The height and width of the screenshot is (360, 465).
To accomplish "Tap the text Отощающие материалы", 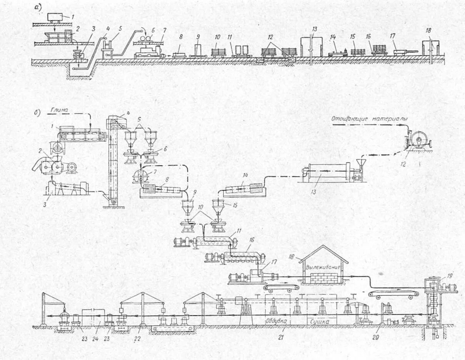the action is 369,119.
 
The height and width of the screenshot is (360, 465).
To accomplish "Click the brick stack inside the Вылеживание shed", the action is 323,278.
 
